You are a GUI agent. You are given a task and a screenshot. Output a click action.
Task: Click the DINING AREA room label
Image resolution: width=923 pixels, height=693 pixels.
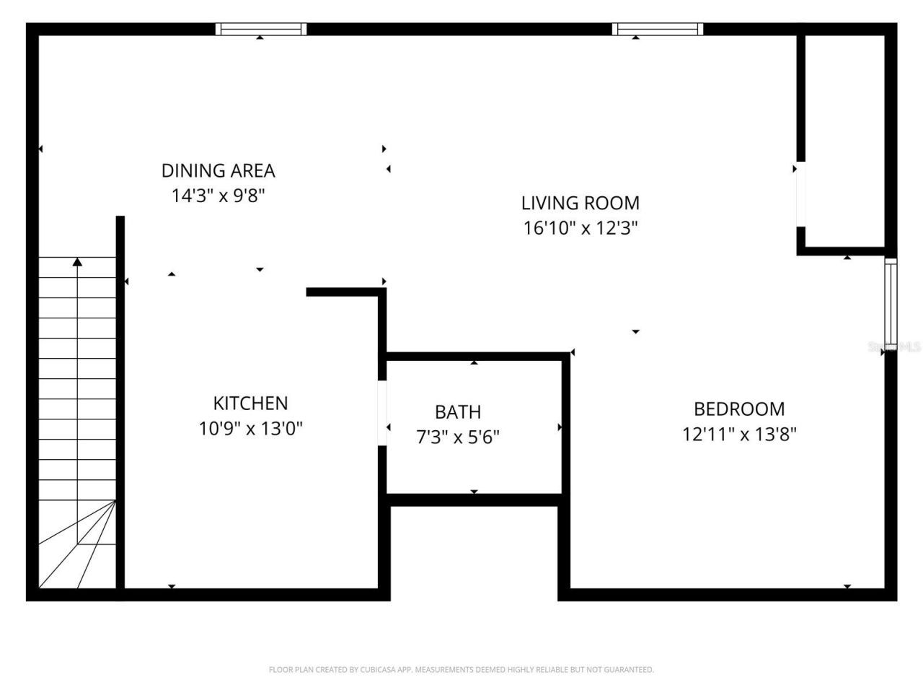click(218, 170)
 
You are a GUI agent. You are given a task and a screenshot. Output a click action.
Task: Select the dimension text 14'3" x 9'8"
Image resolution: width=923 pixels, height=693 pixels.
click(218, 196)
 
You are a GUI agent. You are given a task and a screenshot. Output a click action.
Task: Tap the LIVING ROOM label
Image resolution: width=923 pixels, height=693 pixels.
click(580, 203)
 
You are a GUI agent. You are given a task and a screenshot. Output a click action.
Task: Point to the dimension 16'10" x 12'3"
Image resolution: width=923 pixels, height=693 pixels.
click(580, 228)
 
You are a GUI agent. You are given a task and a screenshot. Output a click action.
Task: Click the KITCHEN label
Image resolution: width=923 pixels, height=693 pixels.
click(250, 403)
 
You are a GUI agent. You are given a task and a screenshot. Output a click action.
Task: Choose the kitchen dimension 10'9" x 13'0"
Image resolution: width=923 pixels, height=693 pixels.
click(250, 429)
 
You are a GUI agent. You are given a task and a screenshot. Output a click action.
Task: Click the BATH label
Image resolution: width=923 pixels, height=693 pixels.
click(457, 412)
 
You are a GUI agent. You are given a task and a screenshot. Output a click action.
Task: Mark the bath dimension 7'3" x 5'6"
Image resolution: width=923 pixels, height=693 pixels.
click(457, 437)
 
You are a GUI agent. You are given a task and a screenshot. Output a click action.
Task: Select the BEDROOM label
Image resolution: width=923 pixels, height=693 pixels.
click(738, 409)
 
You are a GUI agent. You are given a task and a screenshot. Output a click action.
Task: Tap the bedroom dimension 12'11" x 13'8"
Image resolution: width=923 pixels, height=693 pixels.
click(738, 435)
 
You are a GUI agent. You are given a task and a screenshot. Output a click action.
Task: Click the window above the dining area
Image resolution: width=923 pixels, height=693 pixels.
click(261, 29)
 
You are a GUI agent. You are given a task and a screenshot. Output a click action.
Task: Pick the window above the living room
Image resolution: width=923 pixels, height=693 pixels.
click(657, 29)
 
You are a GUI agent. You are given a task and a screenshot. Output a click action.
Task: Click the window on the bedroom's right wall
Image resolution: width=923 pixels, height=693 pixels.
click(891, 303)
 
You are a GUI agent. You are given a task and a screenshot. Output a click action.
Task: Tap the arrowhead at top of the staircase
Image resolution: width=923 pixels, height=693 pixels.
click(77, 262)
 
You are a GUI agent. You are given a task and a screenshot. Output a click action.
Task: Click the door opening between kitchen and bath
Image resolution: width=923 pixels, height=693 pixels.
click(382, 413)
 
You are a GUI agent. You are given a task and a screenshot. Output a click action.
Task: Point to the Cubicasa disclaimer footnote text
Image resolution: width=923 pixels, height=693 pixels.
click(461, 670)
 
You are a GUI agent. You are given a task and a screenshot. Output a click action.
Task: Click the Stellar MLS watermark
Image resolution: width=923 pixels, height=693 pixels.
click(894, 347)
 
